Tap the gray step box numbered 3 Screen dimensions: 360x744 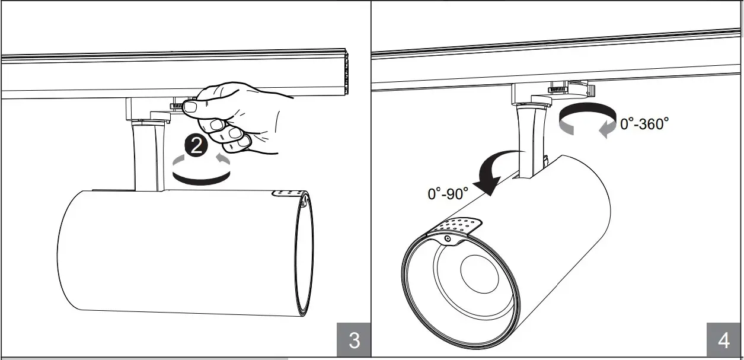pos(354,340)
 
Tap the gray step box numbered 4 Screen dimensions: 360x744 pos(724,340)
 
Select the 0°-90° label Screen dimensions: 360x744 pos(448,193)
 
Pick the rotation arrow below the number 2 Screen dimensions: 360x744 pos(200,171)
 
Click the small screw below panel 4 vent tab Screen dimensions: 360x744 pos(447,238)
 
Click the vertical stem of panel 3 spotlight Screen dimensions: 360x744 pos(146,157)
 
